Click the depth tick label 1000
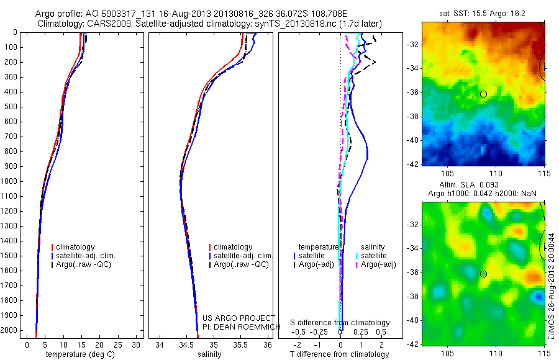(x=11, y=181)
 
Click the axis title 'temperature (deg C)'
(x=80, y=354)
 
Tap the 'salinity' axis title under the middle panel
(x=209, y=354)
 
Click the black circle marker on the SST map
(x=483, y=94)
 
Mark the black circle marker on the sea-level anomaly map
(x=483, y=274)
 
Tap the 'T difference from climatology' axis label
(x=340, y=354)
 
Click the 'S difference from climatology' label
(x=340, y=323)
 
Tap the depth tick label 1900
(x=11, y=315)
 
